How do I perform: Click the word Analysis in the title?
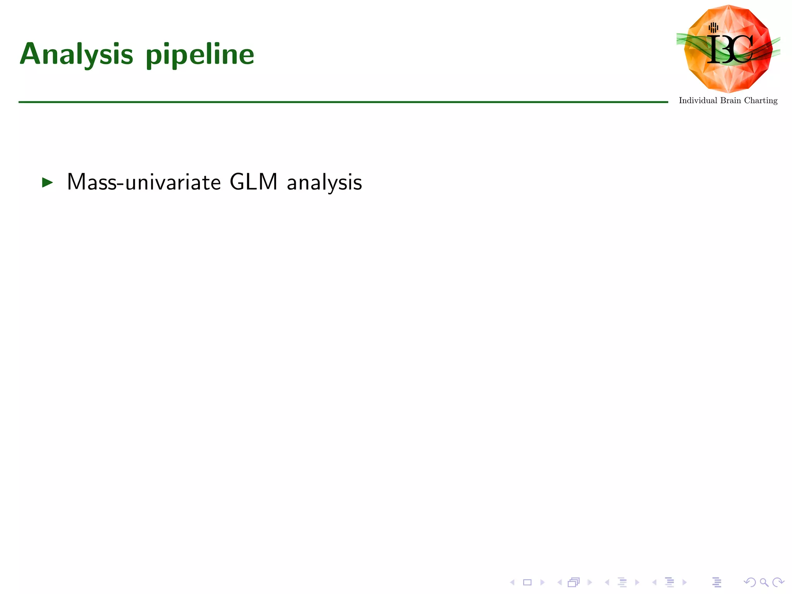coord(77,55)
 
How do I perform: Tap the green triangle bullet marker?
coord(47,183)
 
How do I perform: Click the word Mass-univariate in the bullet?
coord(144,182)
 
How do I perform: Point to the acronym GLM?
coord(253,182)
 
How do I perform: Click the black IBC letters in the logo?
coord(730,49)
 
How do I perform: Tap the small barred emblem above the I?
coord(713,27)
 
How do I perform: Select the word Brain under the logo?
coord(731,101)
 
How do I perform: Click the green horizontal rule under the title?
coord(343,102)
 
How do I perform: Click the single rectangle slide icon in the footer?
coord(527,582)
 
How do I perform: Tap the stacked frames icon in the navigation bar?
coord(574,582)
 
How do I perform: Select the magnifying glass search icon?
coord(764,582)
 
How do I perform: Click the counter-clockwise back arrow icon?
coord(750,582)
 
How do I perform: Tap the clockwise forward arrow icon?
coord(778,582)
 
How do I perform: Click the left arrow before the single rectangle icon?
coord(512,582)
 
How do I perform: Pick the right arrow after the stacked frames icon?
coord(589,582)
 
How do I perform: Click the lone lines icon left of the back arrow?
coord(717,582)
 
